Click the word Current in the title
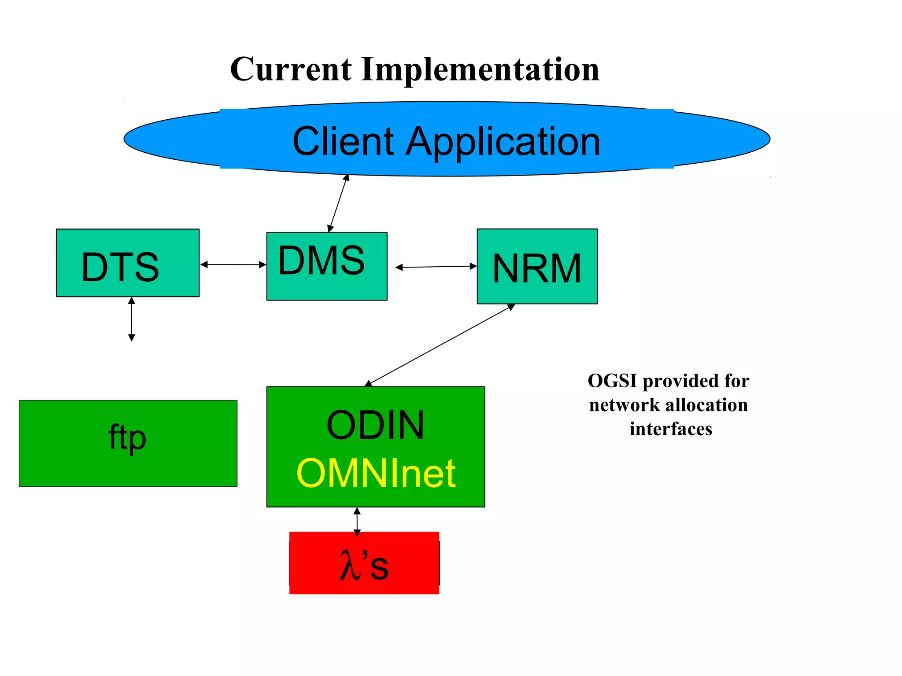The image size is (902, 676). pyautogui.click(x=291, y=69)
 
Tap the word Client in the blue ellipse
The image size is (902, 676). pyautogui.click(x=343, y=141)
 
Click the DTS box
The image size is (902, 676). pyautogui.click(x=128, y=263)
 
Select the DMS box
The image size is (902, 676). pyautogui.click(x=327, y=266)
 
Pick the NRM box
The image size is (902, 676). pyautogui.click(x=537, y=266)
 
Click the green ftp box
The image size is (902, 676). pyautogui.click(x=128, y=443)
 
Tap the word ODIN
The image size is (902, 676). pyautogui.click(x=375, y=425)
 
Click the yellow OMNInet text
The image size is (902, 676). pyautogui.click(x=376, y=474)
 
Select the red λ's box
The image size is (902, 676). pyautogui.click(x=364, y=563)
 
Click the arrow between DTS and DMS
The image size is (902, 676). pyautogui.click(x=233, y=265)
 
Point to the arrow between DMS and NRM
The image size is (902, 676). pyautogui.click(x=436, y=267)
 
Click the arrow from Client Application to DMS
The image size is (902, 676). pyautogui.click(x=338, y=203)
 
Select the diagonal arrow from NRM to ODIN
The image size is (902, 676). pyautogui.click(x=440, y=345)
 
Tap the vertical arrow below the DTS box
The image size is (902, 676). pyautogui.click(x=131, y=319)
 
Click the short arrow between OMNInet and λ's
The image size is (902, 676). pyautogui.click(x=357, y=522)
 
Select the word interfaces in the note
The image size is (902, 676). pyautogui.click(x=670, y=429)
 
